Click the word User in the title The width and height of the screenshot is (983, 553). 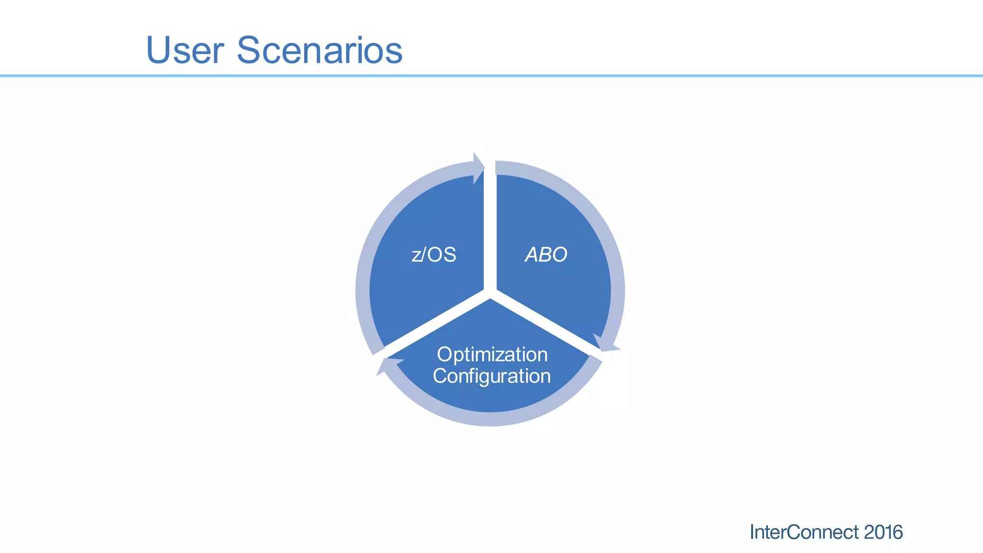pos(185,50)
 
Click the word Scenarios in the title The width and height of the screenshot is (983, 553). pos(319,50)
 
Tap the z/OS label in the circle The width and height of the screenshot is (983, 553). pos(434,254)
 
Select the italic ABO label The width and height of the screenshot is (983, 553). pos(546,254)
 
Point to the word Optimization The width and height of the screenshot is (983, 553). pos(492,355)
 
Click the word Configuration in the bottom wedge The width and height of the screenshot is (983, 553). pos(491,376)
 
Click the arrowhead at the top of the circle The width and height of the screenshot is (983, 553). pos(478,168)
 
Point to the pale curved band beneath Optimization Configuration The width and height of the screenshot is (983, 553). pos(490,419)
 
